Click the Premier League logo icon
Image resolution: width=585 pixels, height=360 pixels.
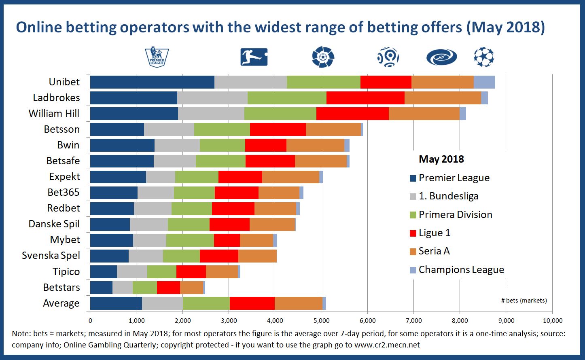(157, 57)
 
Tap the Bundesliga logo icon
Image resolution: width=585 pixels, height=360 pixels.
(254, 57)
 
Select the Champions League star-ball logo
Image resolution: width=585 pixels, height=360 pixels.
(484, 57)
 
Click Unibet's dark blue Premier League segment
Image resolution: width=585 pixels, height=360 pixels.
(152, 82)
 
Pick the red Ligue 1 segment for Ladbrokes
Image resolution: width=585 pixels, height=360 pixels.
(365, 97)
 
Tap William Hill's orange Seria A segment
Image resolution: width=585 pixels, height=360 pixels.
(424, 113)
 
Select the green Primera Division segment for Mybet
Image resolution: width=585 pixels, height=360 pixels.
(190, 240)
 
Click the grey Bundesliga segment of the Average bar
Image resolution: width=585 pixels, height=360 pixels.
(162, 303)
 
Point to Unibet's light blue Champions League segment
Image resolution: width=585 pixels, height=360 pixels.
(484, 82)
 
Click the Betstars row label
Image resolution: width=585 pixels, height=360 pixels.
(61, 288)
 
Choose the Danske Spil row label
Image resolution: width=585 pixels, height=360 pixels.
(54, 224)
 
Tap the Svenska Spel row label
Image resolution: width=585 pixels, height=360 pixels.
(51, 256)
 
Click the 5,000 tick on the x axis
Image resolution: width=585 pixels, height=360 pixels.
(321, 320)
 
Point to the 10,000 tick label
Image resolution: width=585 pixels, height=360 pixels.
(552, 320)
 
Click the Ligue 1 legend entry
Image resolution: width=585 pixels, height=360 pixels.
(434, 233)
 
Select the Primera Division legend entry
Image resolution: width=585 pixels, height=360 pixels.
(455, 214)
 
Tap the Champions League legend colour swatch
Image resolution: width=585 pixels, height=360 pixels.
(413, 270)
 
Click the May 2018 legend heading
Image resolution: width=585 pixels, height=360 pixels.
(441, 159)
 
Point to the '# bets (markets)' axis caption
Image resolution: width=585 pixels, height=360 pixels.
(524, 300)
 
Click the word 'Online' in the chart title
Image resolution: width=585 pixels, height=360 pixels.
(39, 27)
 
